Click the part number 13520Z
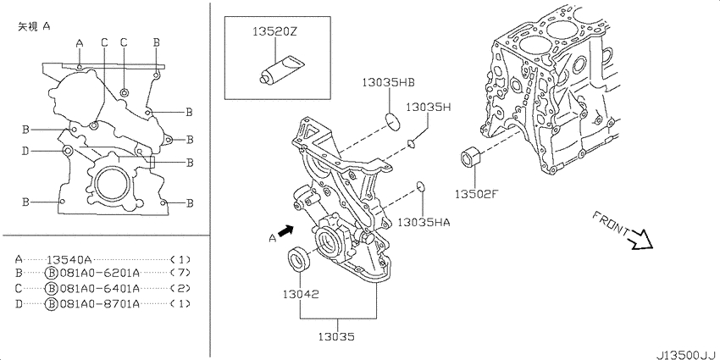[275, 32]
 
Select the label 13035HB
[389, 83]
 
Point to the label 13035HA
[424, 223]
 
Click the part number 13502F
[476, 194]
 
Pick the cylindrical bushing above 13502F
[471, 157]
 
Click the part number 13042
[301, 294]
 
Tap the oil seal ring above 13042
[300, 258]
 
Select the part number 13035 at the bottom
[337, 337]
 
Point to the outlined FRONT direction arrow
[640, 239]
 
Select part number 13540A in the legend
[69, 259]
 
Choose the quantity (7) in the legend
[180, 274]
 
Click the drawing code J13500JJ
[687, 355]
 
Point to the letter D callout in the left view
[25, 151]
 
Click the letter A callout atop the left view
[80, 43]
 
